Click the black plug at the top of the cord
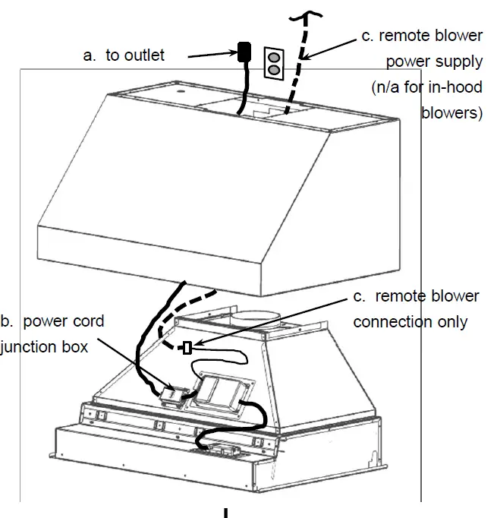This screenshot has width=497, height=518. point(244,52)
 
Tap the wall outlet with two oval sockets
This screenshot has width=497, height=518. point(273,62)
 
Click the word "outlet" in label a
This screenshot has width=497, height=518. point(145,55)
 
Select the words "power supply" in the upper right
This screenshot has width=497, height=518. point(434,62)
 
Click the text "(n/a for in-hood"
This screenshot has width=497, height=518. point(426,87)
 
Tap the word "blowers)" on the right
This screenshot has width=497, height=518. point(451,113)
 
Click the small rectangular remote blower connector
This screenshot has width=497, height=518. point(187,349)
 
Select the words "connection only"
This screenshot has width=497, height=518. point(410,321)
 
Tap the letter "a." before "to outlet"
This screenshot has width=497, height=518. point(90,55)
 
